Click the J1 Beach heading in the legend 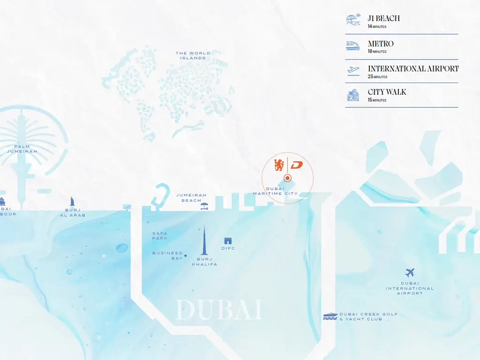383,18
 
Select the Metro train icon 353,45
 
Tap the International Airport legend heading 413,68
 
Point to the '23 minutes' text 377,76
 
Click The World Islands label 193,55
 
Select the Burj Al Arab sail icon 72,202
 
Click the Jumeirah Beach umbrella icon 204,206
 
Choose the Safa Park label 160,235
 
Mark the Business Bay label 167,255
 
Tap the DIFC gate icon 228,241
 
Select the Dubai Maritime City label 275,191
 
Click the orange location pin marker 288,178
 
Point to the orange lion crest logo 279,165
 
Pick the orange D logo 297,165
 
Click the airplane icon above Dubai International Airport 410,272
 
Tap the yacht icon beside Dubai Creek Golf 330,316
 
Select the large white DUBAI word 218,310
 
